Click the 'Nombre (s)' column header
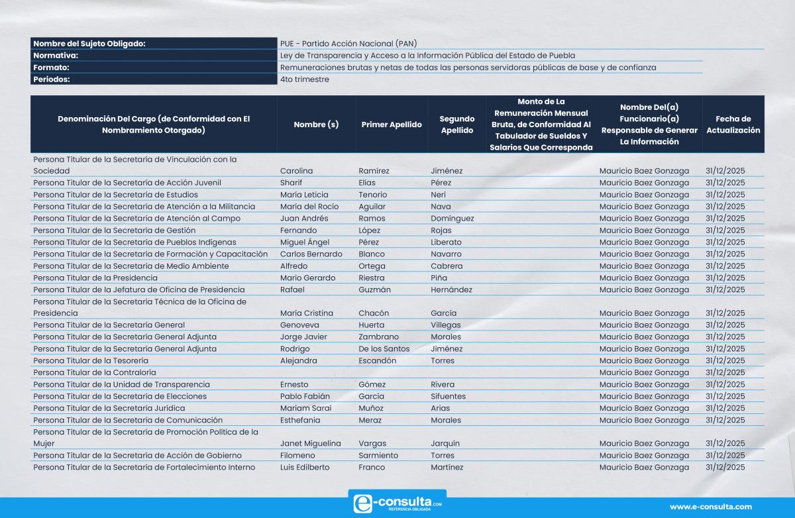coord(316,125)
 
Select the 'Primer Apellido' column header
coord(392,125)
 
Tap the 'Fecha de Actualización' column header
coord(733,125)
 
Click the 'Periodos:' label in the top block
coord(52,79)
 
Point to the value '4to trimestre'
coord(305,79)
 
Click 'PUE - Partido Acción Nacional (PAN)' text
coord(348,44)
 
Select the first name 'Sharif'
coord(291,183)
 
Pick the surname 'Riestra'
coord(371,278)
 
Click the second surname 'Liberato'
coord(446,242)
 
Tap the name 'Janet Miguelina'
coord(311,444)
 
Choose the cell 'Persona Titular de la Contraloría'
coord(95,372)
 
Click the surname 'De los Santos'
coord(384,349)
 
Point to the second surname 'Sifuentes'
coord(449,396)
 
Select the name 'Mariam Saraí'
coord(305,408)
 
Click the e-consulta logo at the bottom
coord(397,503)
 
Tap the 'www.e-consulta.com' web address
coord(711,507)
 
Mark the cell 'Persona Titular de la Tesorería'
coord(91,360)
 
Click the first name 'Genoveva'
coord(299,325)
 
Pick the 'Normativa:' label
coord(56,56)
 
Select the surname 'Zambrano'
coord(379,337)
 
